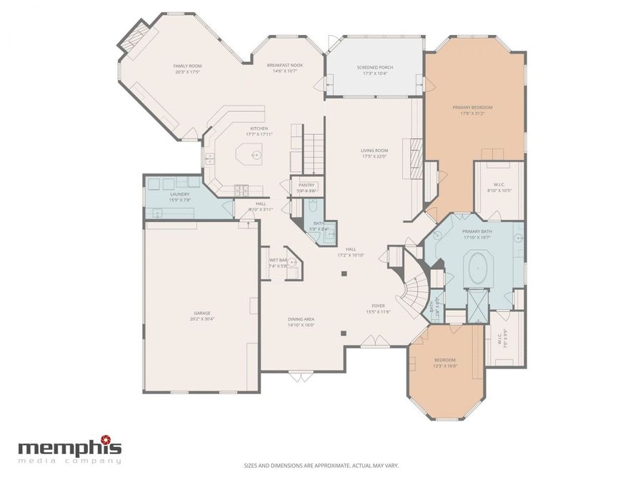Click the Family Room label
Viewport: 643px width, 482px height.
point(187,66)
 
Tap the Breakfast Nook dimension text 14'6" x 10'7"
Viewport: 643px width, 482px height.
point(285,71)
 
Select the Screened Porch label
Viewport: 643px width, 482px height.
point(375,67)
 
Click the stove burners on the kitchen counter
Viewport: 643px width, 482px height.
point(241,189)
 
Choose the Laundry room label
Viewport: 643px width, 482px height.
point(179,194)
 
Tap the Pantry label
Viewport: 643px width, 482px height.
point(306,185)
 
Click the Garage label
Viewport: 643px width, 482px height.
point(201,313)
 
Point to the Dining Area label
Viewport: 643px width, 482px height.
point(301,318)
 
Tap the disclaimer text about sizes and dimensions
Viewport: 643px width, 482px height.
point(321,465)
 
